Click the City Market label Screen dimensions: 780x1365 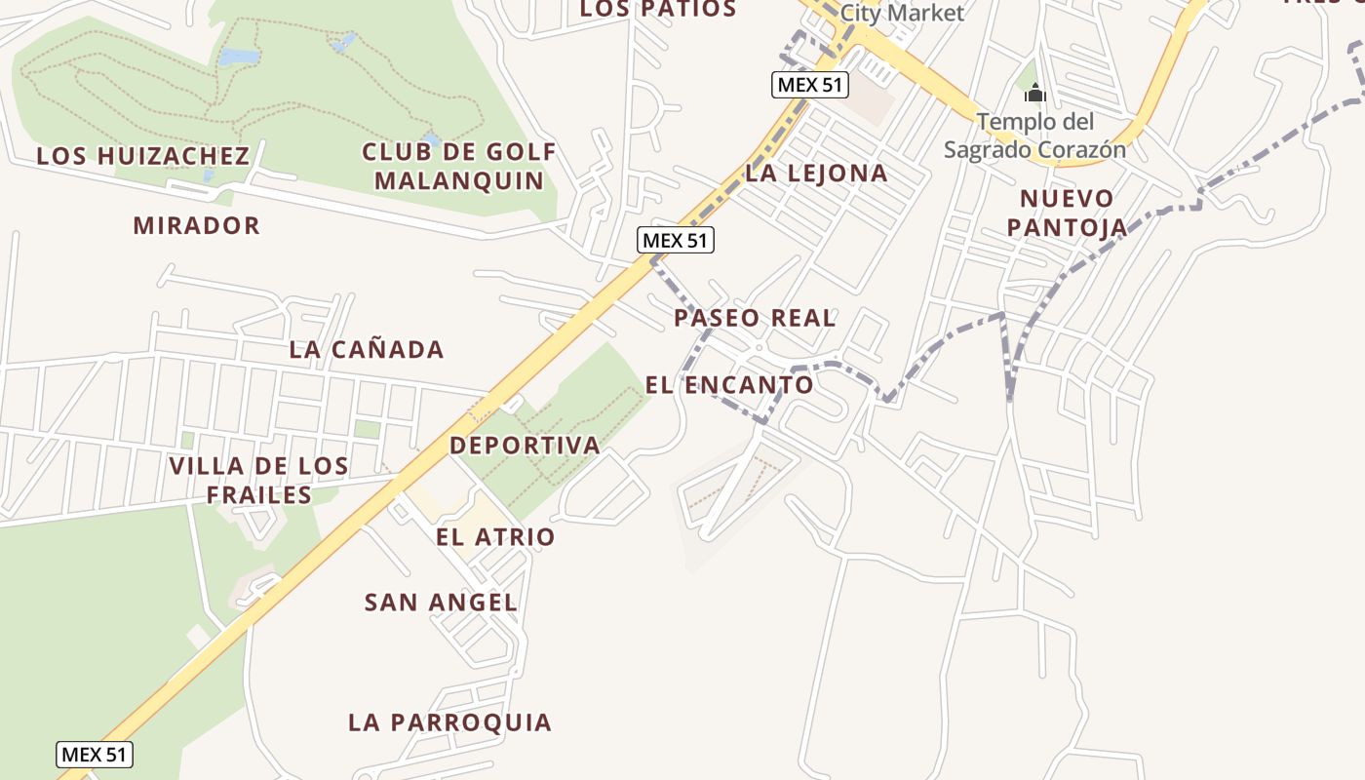pyautogui.click(x=901, y=13)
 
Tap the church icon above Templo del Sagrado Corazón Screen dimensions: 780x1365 pyautogui.click(x=1034, y=94)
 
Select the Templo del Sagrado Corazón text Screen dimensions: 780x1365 pyautogui.click(x=1034, y=136)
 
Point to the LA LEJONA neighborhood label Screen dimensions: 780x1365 pyautogui.click(x=816, y=174)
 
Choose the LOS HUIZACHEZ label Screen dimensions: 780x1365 pyautogui.click(x=143, y=156)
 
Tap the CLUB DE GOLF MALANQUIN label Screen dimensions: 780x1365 pyautogui.click(x=459, y=166)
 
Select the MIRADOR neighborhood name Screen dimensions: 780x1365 pyautogui.click(x=197, y=225)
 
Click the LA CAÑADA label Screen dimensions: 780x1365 pyautogui.click(x=367, y=349)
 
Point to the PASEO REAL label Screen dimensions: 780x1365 pyautogui.click(x=755, y=318)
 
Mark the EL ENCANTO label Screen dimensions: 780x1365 pyautogui.click(x=729, y=384)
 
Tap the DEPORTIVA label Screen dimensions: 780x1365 pyautogui.click(x=525, y=446)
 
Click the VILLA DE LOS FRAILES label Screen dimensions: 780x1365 pyautogui.click(x=259, y=480)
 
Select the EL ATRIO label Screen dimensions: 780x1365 pyautogui.click(x=495, y=536)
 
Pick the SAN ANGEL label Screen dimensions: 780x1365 pyautogui.click(x=441, y=603)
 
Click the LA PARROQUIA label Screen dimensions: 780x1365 pyautogui.click(x=450, y=722)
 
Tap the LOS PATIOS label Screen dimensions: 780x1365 pyautogui.click(x=658, y=10)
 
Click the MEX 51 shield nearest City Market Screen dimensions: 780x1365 pyautogui.click(x=810, y=85)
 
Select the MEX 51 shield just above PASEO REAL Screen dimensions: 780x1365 pyautogui.click(x=676, y=240)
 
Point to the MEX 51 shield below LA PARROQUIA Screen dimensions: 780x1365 pyautogui.click(x=94, y=754)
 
